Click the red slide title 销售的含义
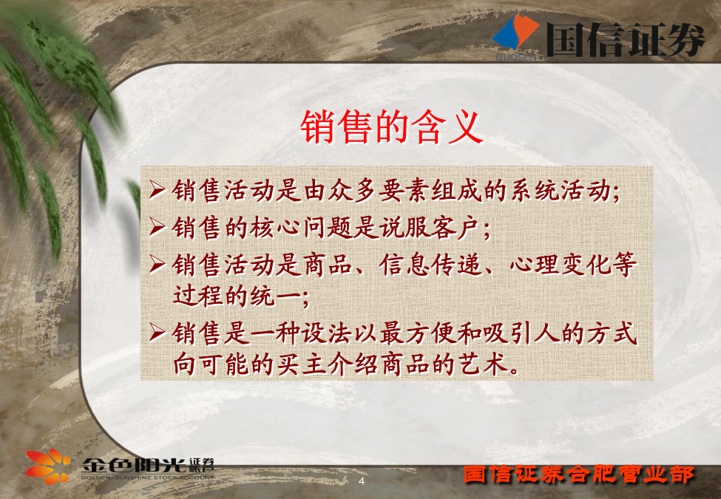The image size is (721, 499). pyautogui.click(x=392, y=127)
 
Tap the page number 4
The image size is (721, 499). pyautogui.click(x=362, y=481)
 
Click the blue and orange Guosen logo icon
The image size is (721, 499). pyautogui.click(x=516, y=33)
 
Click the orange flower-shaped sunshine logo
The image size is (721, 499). pyautogui.click(x=48, y=466)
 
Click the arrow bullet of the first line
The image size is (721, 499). pyautogui.click(x=157, y=190)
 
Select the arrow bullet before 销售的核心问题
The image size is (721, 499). pyautogui.click(x=157, y=227)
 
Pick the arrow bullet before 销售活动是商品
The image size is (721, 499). pyautogui.click(x=157, y=264)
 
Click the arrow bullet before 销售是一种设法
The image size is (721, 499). pyautogui.click(x=157, y=333)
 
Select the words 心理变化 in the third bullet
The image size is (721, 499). pyautogui.click(x=561, y=265)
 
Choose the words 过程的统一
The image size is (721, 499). pyautogui.click(x=237, y=296)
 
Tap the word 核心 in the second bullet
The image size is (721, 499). pyautogui.click(x=275, y=228)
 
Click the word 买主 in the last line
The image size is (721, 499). pyautogui.click(x=301, y=364)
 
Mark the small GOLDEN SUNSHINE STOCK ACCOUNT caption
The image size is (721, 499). pyautogui.click(x=148, y=478)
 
